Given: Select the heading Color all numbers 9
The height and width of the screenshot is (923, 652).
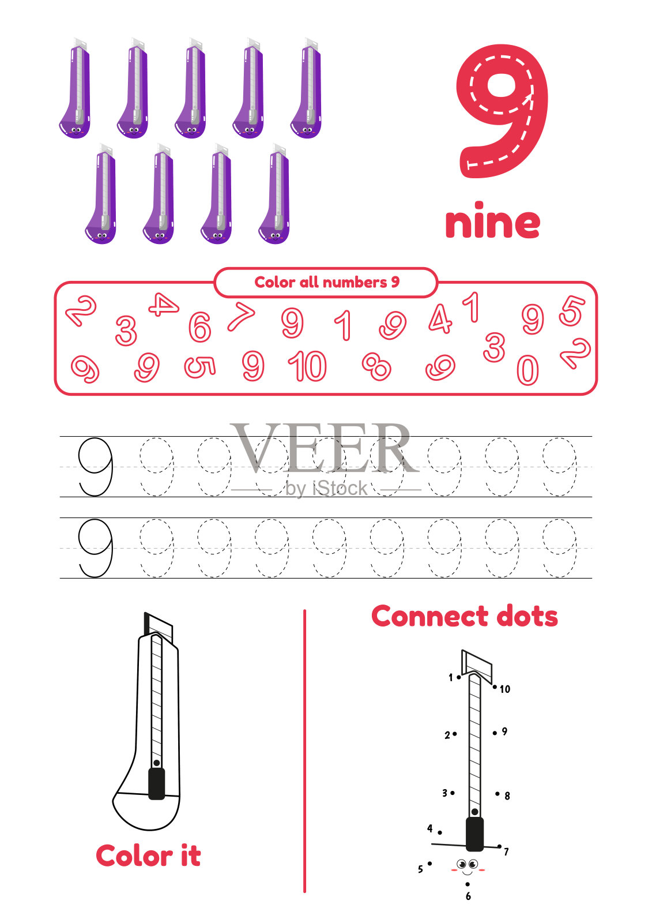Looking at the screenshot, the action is click(327, 282).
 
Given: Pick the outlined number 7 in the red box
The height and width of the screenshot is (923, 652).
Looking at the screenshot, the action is click(241, 316).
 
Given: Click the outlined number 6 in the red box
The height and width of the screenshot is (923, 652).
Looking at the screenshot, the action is click(200, 327).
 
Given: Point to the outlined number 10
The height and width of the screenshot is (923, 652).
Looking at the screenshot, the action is click(307, 366).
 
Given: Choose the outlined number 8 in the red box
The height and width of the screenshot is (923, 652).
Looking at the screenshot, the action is click(376, 366).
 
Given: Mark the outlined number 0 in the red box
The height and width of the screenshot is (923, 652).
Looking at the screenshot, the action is click(527, 370).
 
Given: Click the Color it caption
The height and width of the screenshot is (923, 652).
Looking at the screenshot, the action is click(148, 856).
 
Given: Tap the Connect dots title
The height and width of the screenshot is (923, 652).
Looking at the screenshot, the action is click(465, 617).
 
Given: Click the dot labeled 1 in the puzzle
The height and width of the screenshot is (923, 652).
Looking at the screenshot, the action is click(459, 677).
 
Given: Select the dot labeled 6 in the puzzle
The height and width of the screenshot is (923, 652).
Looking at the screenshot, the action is click(468, 884).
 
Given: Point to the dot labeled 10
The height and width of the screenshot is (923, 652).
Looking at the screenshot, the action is click(495, 687).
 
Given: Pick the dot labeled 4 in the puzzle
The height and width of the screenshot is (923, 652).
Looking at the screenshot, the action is click(440, 832).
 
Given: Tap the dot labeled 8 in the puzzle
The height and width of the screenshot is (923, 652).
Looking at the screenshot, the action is click(498, 794).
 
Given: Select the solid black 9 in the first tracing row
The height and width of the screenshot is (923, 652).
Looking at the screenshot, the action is click(95, 467).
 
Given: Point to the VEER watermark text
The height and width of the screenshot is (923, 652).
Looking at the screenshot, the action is click(324, 448).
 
